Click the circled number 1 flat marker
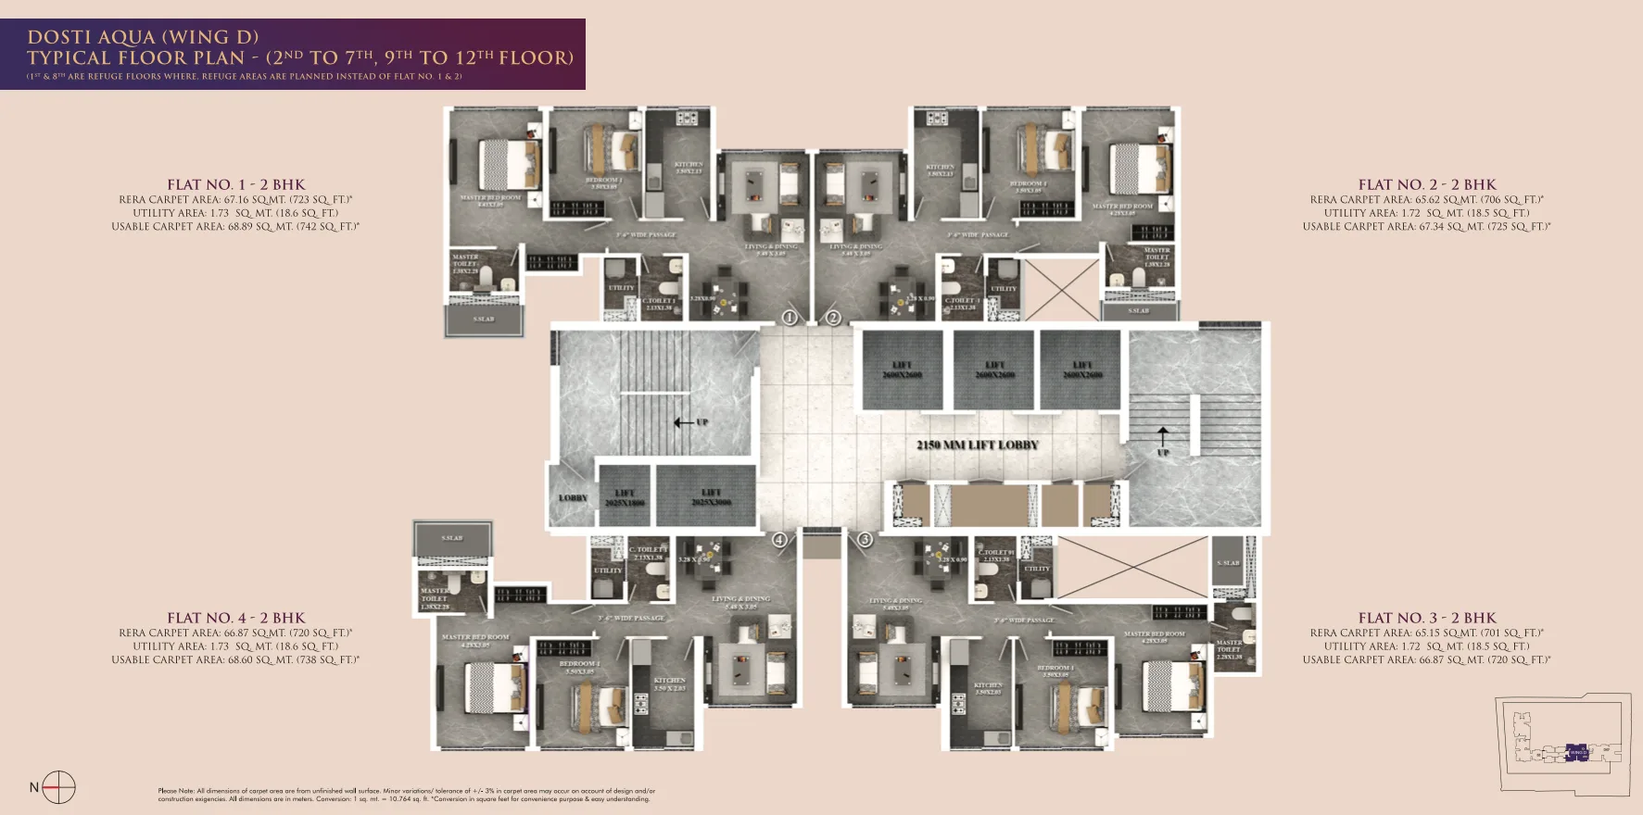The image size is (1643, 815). [x=790, y=318]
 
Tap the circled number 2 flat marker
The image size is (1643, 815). [x=833, y=318]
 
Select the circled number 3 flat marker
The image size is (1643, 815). [x=865, y=539]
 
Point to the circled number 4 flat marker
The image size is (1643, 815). [x=779, y=539]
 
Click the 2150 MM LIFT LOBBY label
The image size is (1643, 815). [x=978, y=445]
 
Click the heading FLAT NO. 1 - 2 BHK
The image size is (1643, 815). [x=236, y=184]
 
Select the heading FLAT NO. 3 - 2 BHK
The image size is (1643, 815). [x=1427, y=618]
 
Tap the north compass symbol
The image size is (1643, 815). [x=58, y=787]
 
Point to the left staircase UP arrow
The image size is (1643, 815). [x=685, y=422]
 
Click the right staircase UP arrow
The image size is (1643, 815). [x=1163, y=434]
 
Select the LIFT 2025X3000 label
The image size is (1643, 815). [x=711, y=497]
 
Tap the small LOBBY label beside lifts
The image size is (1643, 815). [x=573, y=497]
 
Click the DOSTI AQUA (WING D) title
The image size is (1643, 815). [x=143, y=37]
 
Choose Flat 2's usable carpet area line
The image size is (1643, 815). [x=1426, y=226]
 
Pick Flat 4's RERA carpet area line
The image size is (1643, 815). [x=235, y=633]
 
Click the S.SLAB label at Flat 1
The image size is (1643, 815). [x=484, y=319]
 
